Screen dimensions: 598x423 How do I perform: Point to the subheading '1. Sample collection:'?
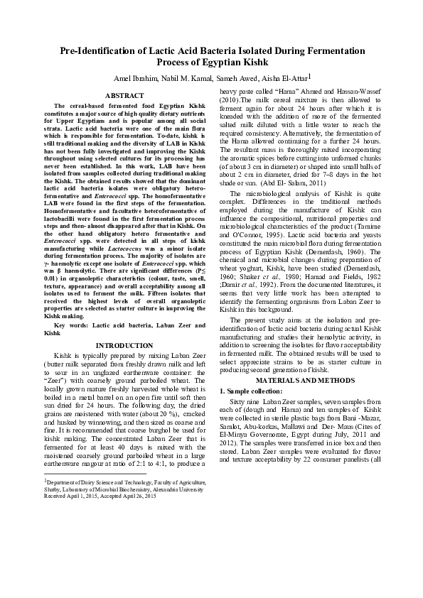click(x=251, y=391)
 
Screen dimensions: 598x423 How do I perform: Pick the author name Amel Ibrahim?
click(x=133, y=78)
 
